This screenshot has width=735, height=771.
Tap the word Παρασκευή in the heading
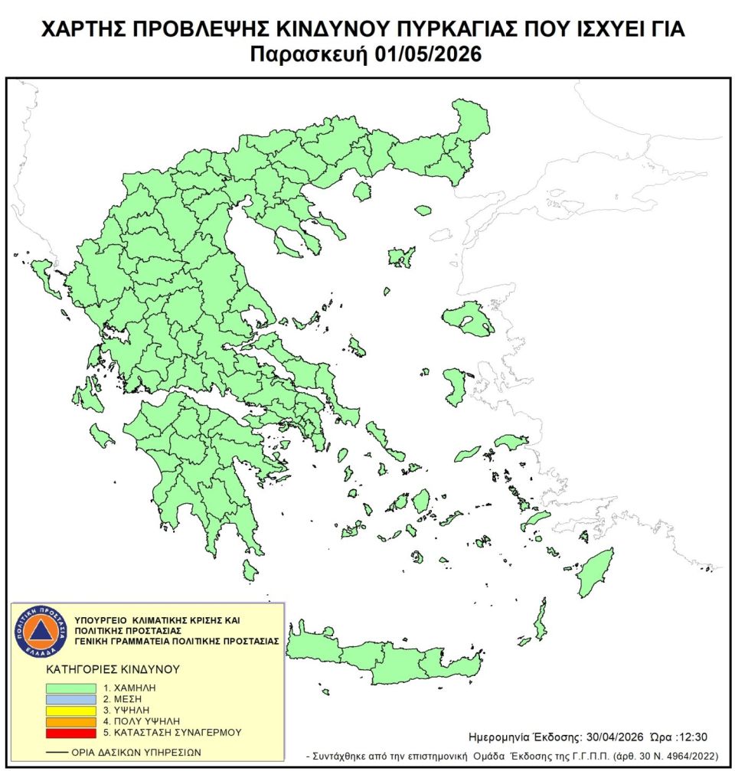[304, 55]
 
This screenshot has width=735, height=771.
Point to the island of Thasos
[361, 191]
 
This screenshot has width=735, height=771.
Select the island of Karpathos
[541, 621]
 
